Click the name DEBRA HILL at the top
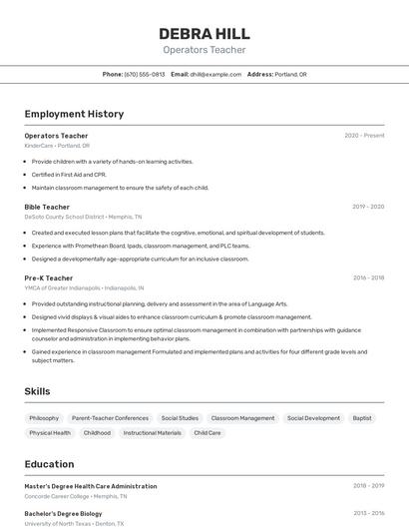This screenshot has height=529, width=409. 204,33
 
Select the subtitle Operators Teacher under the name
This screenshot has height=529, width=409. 204,50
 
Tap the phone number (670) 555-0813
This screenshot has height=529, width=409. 145,74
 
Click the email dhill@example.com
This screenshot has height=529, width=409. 215,74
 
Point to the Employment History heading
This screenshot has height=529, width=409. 74,114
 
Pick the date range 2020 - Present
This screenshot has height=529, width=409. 364,135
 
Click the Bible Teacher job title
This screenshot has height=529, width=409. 47,207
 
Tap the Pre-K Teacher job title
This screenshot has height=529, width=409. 49,277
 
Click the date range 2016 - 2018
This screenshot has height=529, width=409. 368,277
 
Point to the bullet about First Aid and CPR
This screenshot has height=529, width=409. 69,174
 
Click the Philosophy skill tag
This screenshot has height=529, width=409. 44,418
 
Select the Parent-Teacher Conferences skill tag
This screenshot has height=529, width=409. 110,418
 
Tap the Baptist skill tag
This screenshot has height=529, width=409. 362,418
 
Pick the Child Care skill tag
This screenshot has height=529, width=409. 207,433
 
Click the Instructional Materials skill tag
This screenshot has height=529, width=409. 153,433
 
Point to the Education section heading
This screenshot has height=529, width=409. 49,464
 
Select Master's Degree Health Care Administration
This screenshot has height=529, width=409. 91,486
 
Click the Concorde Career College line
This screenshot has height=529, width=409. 76,496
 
